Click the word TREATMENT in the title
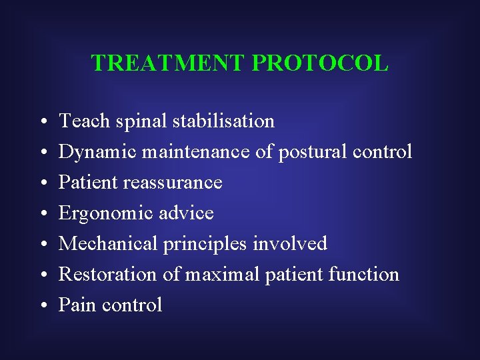(169, 63)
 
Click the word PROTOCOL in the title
(321, 63)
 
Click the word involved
(290, 244)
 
